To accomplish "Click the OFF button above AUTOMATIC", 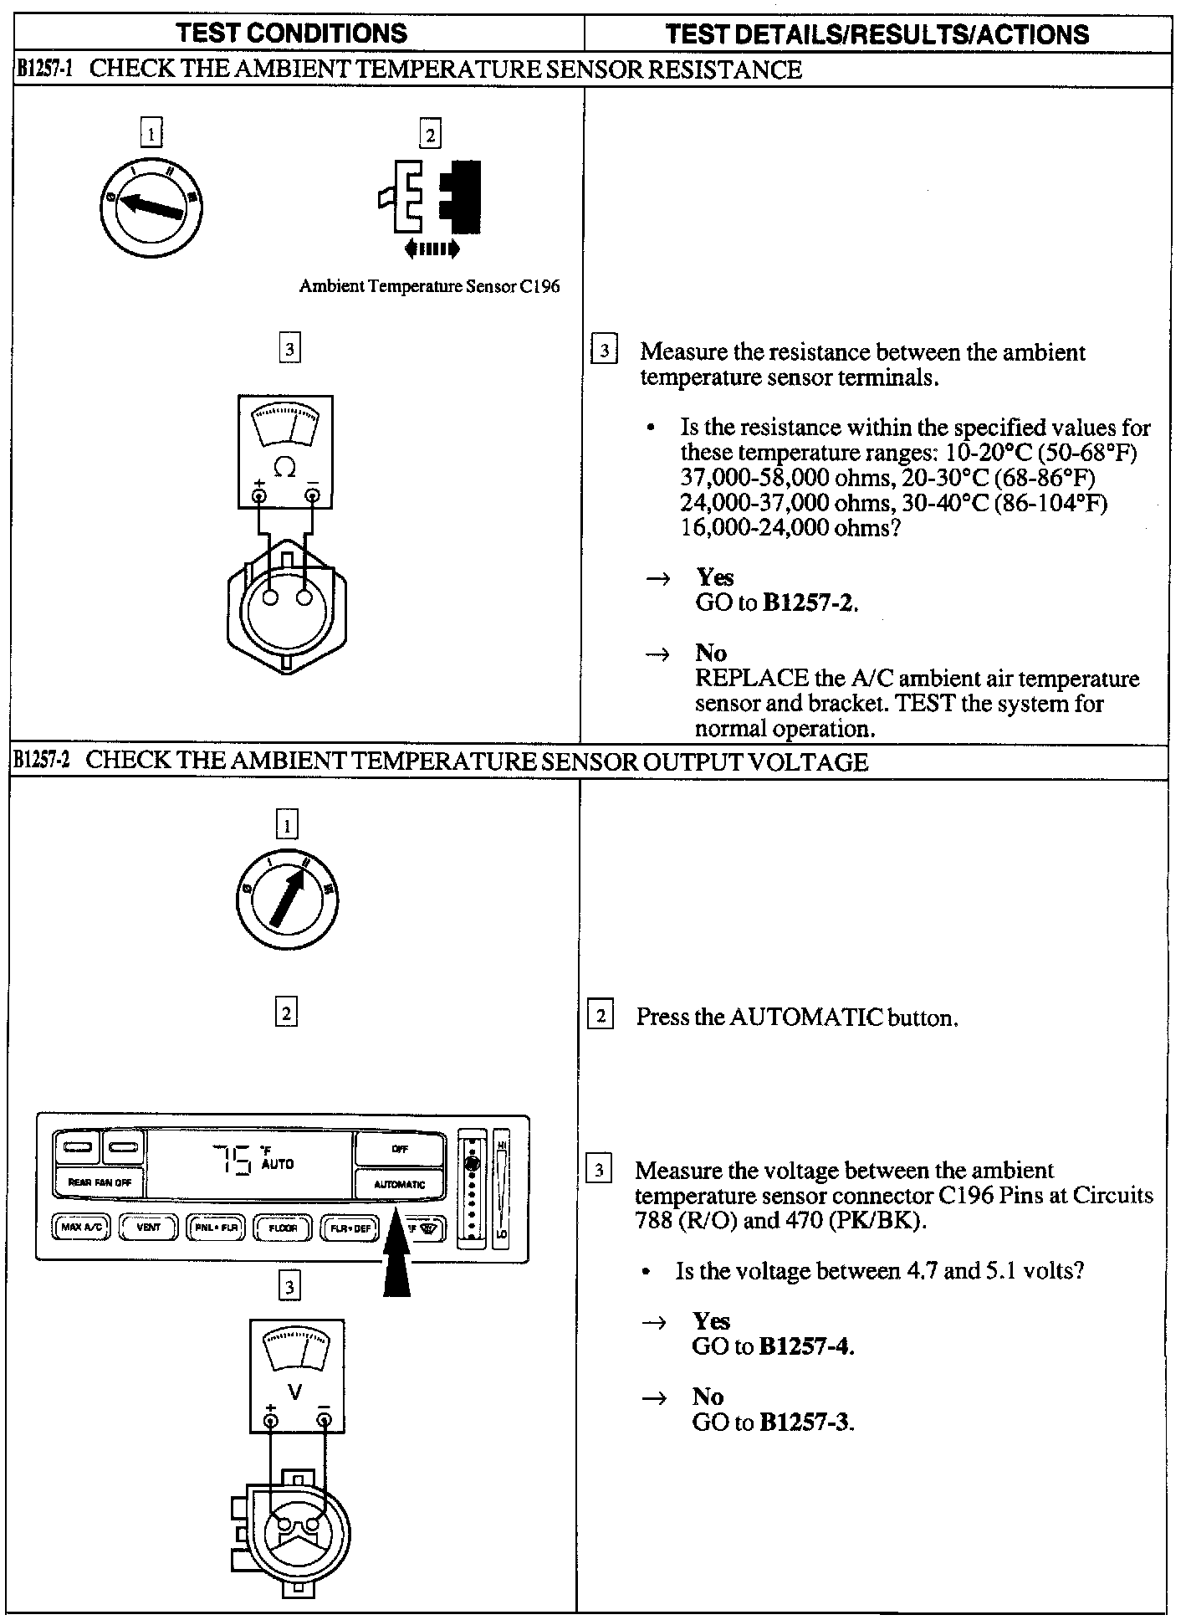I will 400,1150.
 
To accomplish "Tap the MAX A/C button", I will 82,1228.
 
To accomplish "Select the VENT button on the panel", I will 148,1228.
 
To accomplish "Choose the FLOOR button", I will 283,1228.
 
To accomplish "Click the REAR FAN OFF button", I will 100,1183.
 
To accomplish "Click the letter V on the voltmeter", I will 294,1392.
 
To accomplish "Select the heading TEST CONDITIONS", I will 292,33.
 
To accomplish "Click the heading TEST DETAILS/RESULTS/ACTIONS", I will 877,34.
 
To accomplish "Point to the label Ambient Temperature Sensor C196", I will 429,286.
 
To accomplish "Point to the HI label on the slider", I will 502,1144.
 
